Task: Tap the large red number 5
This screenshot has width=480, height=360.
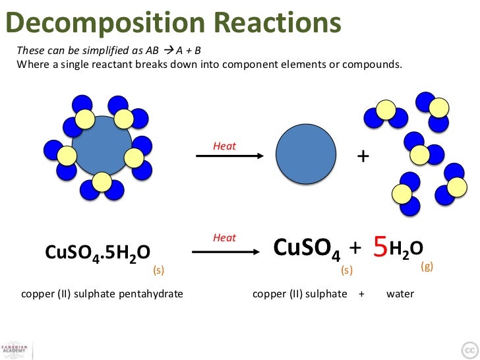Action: pyautogui.click(x=379, y=247)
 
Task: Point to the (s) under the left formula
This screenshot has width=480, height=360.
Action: pyautogui.click(x=158, y=270)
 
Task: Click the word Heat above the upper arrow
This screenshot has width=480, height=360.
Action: pyautogui.click(x=224, y=146)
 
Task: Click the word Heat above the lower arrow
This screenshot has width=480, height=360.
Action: pyautogui.click(x=224, y=238)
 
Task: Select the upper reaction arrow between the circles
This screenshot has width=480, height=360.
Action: pyautogui.click(x=230, y=156)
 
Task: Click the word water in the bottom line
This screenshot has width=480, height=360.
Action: pyautogui.click(x=400, y=293)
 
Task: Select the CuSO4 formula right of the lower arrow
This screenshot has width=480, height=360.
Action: pyautogui.click(x=307, y=248)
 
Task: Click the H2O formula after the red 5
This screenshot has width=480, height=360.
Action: pyautogui.click(x=406, y=248)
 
